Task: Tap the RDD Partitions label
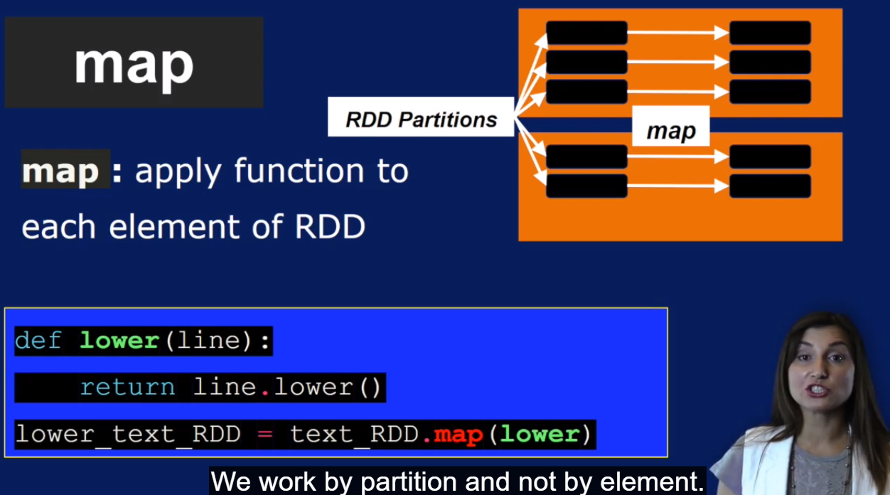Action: coord(421,119)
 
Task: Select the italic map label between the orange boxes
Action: coord(671,131)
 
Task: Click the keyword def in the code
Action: coord(38,341)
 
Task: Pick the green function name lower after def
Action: coord(119,341)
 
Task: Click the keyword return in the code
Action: coord(127,388)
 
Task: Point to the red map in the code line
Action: coord(458,435)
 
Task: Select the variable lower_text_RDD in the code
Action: coord(128,434)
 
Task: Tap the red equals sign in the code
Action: coord(265,434)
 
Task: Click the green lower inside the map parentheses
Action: coord(540,434)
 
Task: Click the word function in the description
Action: coord(299,171)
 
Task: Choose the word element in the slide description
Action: coord(174,227)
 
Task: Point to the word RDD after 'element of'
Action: coord(329,227)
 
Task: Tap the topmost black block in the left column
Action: coord(586,33)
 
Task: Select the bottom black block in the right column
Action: coord(770,186)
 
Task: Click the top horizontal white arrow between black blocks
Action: coord(678,33)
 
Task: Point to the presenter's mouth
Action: coord(817,390)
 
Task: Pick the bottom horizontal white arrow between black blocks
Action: coord(678,186)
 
